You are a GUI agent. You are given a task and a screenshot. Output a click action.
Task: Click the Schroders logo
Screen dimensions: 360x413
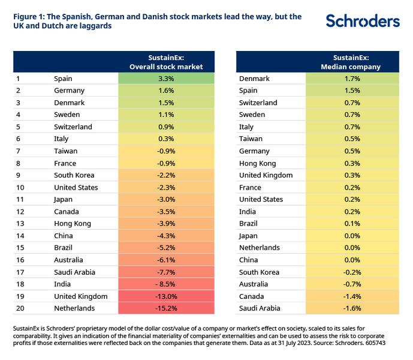[x=363, y=22]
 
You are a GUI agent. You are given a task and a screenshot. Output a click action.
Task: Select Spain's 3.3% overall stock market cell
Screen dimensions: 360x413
[x=166, y=79]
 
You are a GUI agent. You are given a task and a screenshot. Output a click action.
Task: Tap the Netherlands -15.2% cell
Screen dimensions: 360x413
[x=166, y=308]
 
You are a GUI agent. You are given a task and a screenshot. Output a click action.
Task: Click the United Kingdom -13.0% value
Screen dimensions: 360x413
[x=166, y=296]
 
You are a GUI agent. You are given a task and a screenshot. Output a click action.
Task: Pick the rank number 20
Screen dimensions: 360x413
[x=19, y=308]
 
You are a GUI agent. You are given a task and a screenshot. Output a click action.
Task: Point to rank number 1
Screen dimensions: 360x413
[x=18, y=79]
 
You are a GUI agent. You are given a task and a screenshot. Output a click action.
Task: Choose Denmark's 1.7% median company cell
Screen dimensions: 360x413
[x=352, y=79]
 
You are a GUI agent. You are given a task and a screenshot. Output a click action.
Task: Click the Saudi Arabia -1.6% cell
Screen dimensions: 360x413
[x=352, y=308]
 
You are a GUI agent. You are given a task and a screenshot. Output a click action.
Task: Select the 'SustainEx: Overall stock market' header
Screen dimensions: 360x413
[x=166, y=62]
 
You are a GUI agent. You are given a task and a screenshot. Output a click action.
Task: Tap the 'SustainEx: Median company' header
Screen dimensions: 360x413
[x=352, y=62]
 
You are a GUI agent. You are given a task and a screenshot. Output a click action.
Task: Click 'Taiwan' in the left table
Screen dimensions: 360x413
[x=65, y=151]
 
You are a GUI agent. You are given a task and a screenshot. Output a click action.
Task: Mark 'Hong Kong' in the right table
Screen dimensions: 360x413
[x=257, y=163]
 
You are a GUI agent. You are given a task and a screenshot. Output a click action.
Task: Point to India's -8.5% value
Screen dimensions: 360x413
[x=166, y=284]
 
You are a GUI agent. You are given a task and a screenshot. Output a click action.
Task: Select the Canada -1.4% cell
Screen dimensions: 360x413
[x=352, y=296]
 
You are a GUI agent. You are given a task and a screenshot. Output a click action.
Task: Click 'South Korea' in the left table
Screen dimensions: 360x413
[x=74, y=175]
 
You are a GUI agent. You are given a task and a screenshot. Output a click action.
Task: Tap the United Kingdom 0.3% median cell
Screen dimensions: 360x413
[x=352, y=175]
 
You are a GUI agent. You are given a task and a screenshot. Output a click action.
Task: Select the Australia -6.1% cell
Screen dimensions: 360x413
[x=166, y=260]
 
